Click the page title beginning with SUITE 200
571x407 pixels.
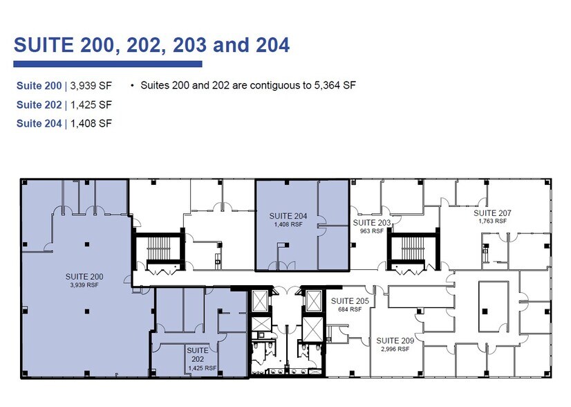[x=151, y=46]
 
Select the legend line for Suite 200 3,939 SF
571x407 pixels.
[x=64, y=87]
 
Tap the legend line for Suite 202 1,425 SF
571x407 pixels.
[x=64, y=105]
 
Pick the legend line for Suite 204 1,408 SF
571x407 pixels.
[x=64, y=124]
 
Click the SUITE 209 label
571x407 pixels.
[x=395, y=341]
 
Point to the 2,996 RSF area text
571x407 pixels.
[x=395, y=349]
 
